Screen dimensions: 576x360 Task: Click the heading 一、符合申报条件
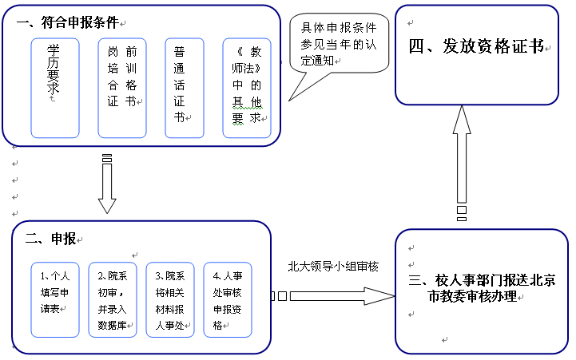[67, 23]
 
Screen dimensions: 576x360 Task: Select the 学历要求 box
[55, 88]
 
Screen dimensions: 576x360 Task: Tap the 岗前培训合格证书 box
[122, 88]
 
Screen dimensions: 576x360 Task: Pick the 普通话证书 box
[185, 88]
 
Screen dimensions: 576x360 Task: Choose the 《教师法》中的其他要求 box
[247, 88]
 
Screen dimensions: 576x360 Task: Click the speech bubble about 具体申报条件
[339, 43]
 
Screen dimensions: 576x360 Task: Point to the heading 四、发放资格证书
[476, 46]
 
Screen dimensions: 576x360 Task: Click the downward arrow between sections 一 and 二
[107, 184]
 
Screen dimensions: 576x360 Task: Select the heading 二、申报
[50, 239]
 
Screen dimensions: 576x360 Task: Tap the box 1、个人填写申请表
[55, 300]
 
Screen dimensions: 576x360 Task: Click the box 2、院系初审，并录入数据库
[113, 300]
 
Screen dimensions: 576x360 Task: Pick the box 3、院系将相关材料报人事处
[170, 300]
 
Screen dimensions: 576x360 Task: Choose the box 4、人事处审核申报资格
[228, 300]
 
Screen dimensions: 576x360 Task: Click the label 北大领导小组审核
[333, 267]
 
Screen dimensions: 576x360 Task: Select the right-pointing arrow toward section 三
[332, 296]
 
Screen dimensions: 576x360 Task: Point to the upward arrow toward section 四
[462, 163]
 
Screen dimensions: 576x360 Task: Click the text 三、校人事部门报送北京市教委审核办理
[482, 288]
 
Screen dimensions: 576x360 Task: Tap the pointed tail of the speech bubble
[289, 101]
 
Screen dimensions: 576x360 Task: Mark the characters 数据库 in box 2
[112, 325]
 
